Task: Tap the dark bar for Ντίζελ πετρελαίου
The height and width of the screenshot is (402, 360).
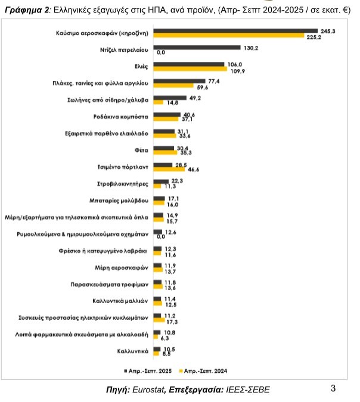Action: pos(197,47)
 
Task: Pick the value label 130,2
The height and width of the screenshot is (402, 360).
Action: pos(250,47)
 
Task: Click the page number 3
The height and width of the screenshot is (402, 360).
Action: pos(333,389)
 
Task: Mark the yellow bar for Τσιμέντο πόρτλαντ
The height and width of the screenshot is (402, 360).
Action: pos(169,169)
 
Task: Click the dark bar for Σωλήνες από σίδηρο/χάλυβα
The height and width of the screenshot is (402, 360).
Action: pos(170,97)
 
